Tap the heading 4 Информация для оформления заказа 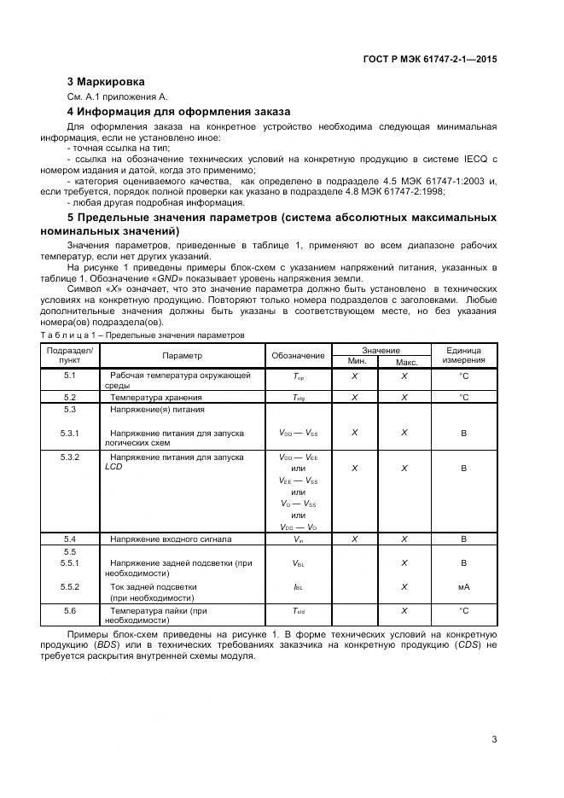click(179, 112)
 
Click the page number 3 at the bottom click(494, 739)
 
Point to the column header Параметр click(182, 356)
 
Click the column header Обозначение click(298, 356)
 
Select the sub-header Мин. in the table click(356, 362)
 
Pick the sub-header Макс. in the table click(405, 362)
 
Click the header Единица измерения click(463, 356)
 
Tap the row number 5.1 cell click(70, 376)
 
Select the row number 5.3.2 click(70, 457)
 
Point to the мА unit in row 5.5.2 click(463, 587)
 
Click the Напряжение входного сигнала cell click(170, 539)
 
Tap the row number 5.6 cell click(70, 611)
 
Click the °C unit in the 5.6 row click(463, 611)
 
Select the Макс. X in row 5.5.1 click(404, 563)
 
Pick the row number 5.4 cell click(70, 539)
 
